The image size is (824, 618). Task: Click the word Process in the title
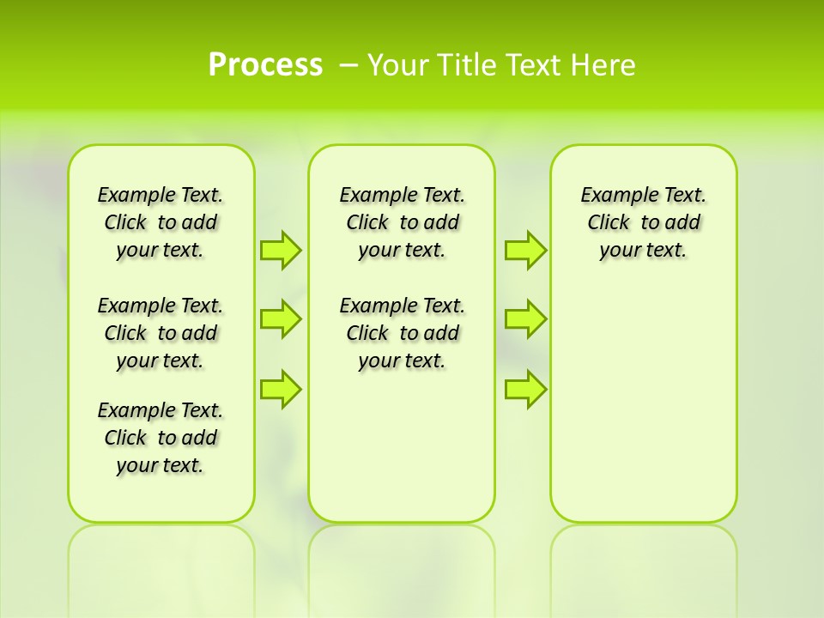265,65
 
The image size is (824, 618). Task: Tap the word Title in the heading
468,65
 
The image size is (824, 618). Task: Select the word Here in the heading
603,65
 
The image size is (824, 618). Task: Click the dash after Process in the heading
348,65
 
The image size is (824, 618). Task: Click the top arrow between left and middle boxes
281,250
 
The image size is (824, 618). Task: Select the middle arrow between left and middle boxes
281,319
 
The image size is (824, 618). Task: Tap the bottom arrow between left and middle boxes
281,389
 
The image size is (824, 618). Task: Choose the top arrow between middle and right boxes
525,250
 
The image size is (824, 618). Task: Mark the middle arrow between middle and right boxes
525,319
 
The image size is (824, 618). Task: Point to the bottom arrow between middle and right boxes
525,389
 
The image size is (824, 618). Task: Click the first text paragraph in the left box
161,222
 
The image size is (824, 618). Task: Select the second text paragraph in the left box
161,333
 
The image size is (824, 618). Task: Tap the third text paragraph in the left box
161,438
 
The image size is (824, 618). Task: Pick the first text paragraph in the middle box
403,222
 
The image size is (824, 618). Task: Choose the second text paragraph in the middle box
403,333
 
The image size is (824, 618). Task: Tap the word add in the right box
682,223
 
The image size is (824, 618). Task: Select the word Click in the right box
609,223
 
